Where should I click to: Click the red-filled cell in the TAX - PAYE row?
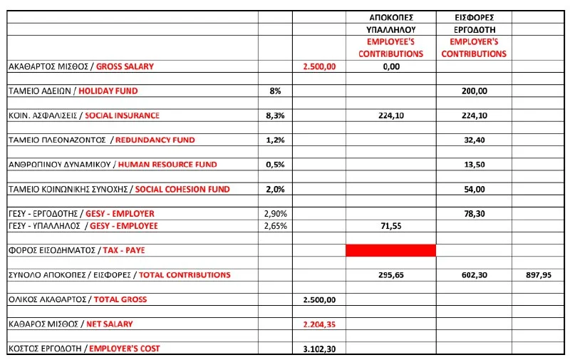coord(390,250)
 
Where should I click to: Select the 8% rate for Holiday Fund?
coord(275,91)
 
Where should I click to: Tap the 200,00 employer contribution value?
coord(475,91)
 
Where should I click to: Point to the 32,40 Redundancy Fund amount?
coord(475,140)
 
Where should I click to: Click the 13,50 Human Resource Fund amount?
coord(475,165)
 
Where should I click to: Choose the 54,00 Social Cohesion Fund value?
coord(475,190)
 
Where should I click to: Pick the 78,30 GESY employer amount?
coord(475,214)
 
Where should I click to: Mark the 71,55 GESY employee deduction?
coord(390,226)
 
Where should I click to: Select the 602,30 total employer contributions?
coord(475,275)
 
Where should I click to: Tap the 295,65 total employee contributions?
coord(390,275)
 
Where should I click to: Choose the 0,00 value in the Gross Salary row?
coord(390,66)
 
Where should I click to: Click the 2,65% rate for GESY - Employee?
coord(275,226)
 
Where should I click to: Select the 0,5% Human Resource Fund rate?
coord(275,165)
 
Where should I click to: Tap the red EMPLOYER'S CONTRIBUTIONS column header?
coord(475,48)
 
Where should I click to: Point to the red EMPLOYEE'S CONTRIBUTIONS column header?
coord(390,48)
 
